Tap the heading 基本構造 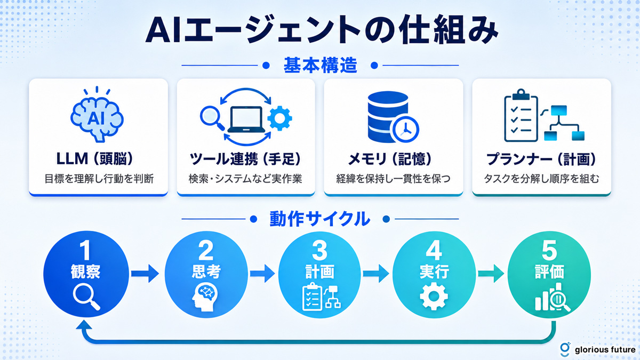321,66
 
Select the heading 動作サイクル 319,219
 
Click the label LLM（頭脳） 95,159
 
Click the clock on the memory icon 406,130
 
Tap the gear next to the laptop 279,118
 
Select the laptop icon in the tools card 246,119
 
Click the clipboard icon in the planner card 521,115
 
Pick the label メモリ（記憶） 390,159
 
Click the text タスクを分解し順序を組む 541,179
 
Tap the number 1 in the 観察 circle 85,251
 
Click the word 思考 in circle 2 206,271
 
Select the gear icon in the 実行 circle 434,297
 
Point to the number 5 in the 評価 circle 549,250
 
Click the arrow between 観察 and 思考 145,274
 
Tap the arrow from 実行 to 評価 491,274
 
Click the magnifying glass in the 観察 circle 86,298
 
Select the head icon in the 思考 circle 205,297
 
